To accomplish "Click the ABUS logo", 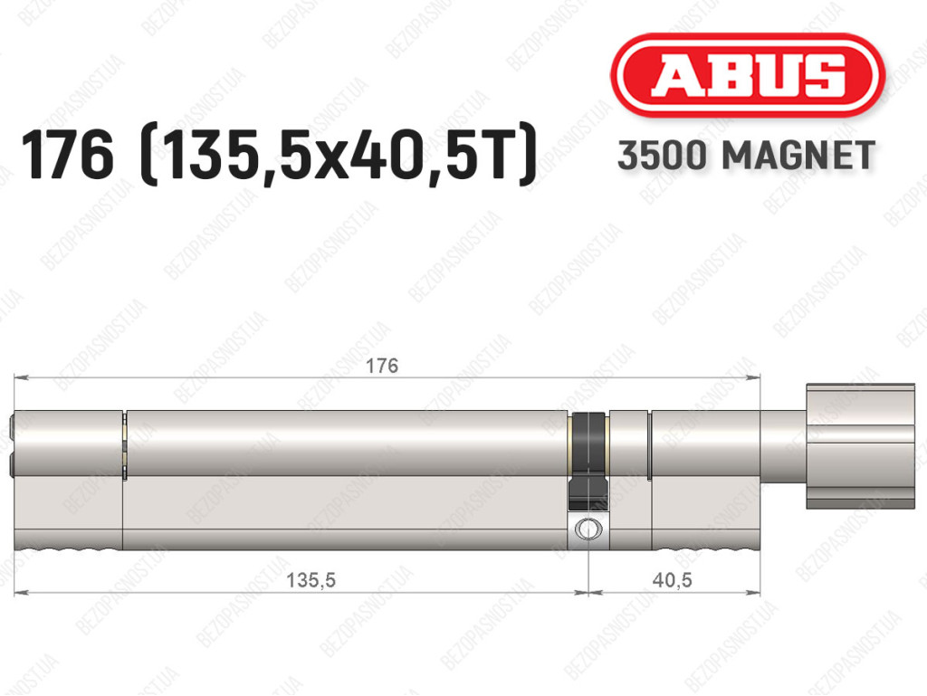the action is point(747,75).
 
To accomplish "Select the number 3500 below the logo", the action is point(662,156).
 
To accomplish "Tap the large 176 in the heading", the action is point(67,154).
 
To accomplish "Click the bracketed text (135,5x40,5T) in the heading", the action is point(339,156).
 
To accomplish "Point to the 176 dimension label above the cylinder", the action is point(382,366).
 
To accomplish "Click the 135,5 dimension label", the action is point(311,580).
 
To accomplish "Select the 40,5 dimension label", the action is point(673,580).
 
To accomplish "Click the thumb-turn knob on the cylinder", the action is point(860,446).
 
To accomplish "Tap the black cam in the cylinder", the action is point(588,461).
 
